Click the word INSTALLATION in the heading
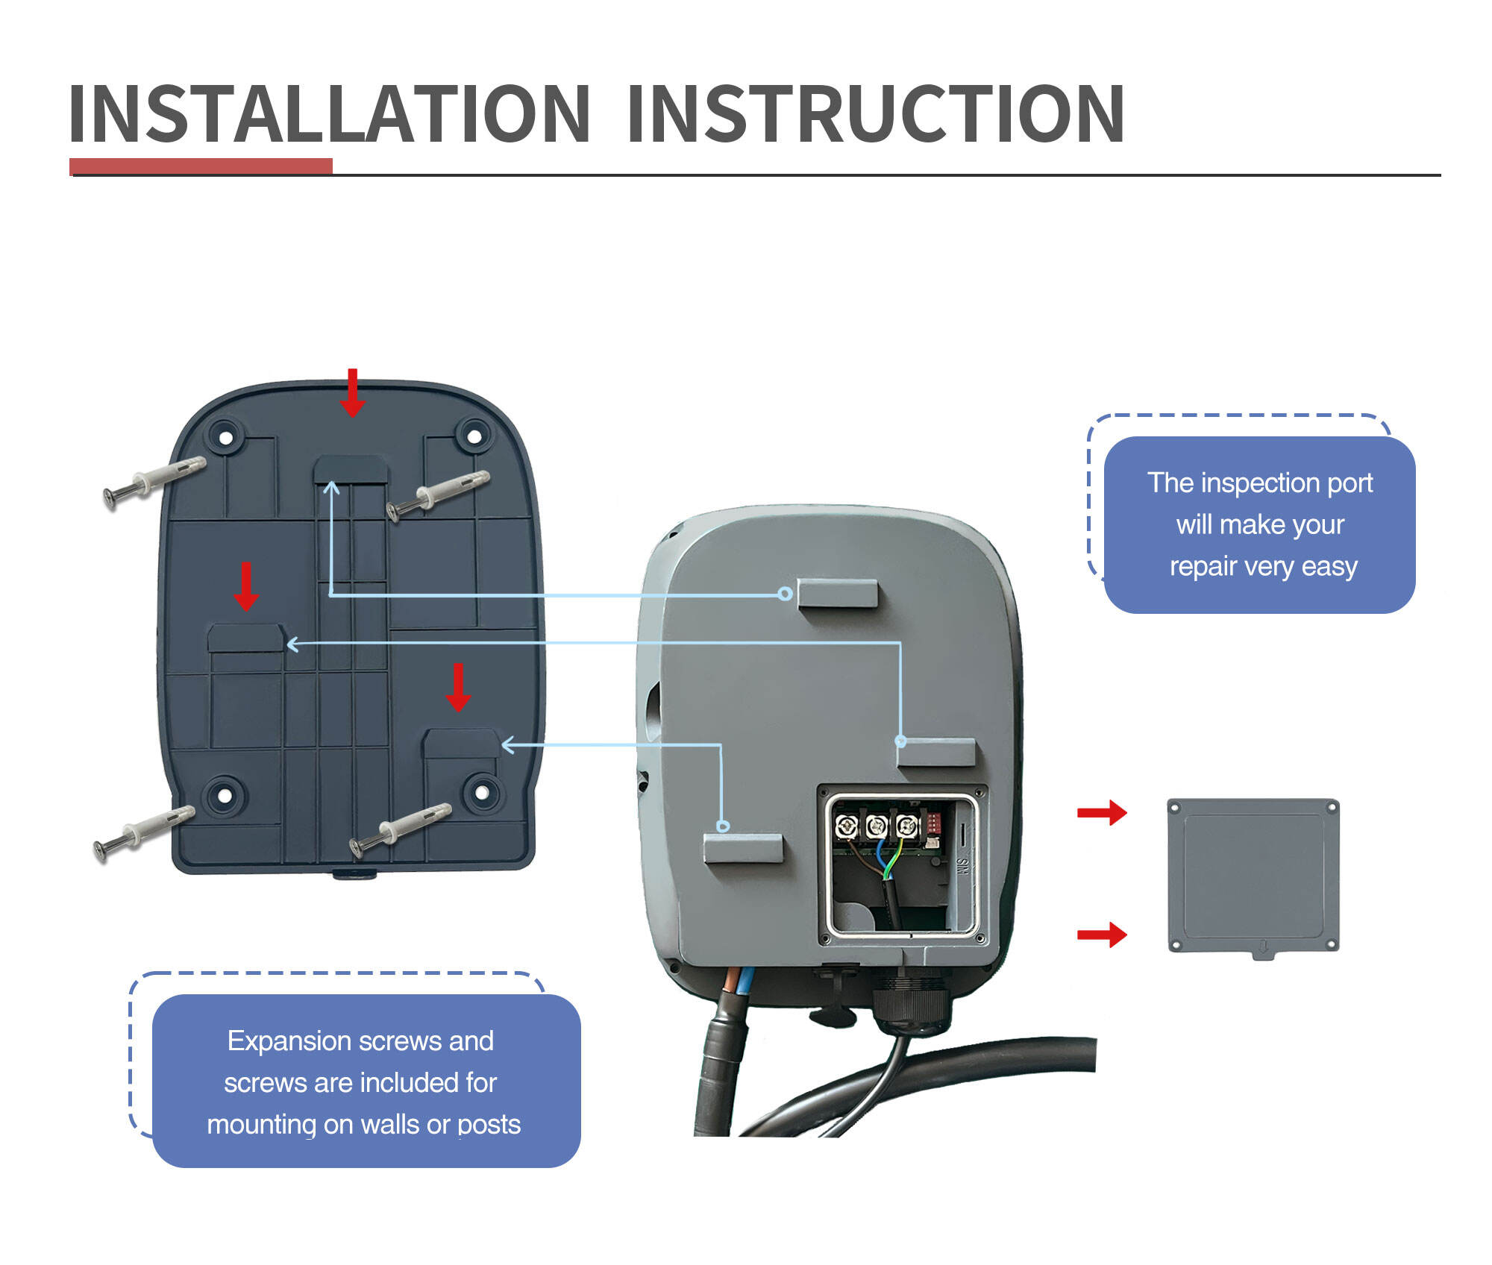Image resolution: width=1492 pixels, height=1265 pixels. (x=329, y=113)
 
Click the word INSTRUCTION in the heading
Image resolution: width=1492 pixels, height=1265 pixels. (x=876, y=113)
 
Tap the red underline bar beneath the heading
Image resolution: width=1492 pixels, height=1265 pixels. (x=201, y=166)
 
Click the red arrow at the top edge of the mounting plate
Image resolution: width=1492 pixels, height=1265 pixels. (x=352, y=392)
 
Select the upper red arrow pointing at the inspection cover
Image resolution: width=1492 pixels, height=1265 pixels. (x=1102, y=812)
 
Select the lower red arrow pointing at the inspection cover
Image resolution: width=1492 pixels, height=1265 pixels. (x=1102, y=934)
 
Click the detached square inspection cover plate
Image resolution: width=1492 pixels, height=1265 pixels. (x=1253, y=877)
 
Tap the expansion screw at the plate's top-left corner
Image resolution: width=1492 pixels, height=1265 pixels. (x=154, y=483)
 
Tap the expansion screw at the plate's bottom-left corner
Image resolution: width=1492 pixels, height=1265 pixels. (x=144, y=834)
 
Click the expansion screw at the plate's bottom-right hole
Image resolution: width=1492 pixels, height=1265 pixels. (x=401, y=829)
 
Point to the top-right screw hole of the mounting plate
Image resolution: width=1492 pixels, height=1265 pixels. (x=474, y=436)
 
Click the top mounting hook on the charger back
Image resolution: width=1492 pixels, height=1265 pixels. (x=837, y=594)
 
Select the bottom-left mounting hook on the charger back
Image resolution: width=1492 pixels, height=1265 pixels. (x=743, y=849)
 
